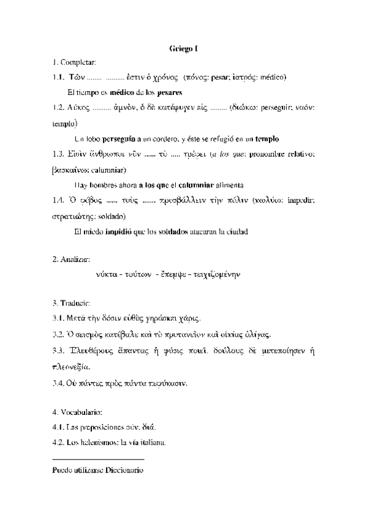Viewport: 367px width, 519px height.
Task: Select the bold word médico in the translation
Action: click(122, 92)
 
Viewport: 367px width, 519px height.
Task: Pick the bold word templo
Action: click(267, 138)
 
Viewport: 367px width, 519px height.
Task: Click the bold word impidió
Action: click(119, 231)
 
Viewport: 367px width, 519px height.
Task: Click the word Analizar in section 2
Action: click(76, 259)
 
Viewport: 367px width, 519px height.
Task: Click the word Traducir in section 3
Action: click(76, 303)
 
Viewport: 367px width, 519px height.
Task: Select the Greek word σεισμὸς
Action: click(89, 335)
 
